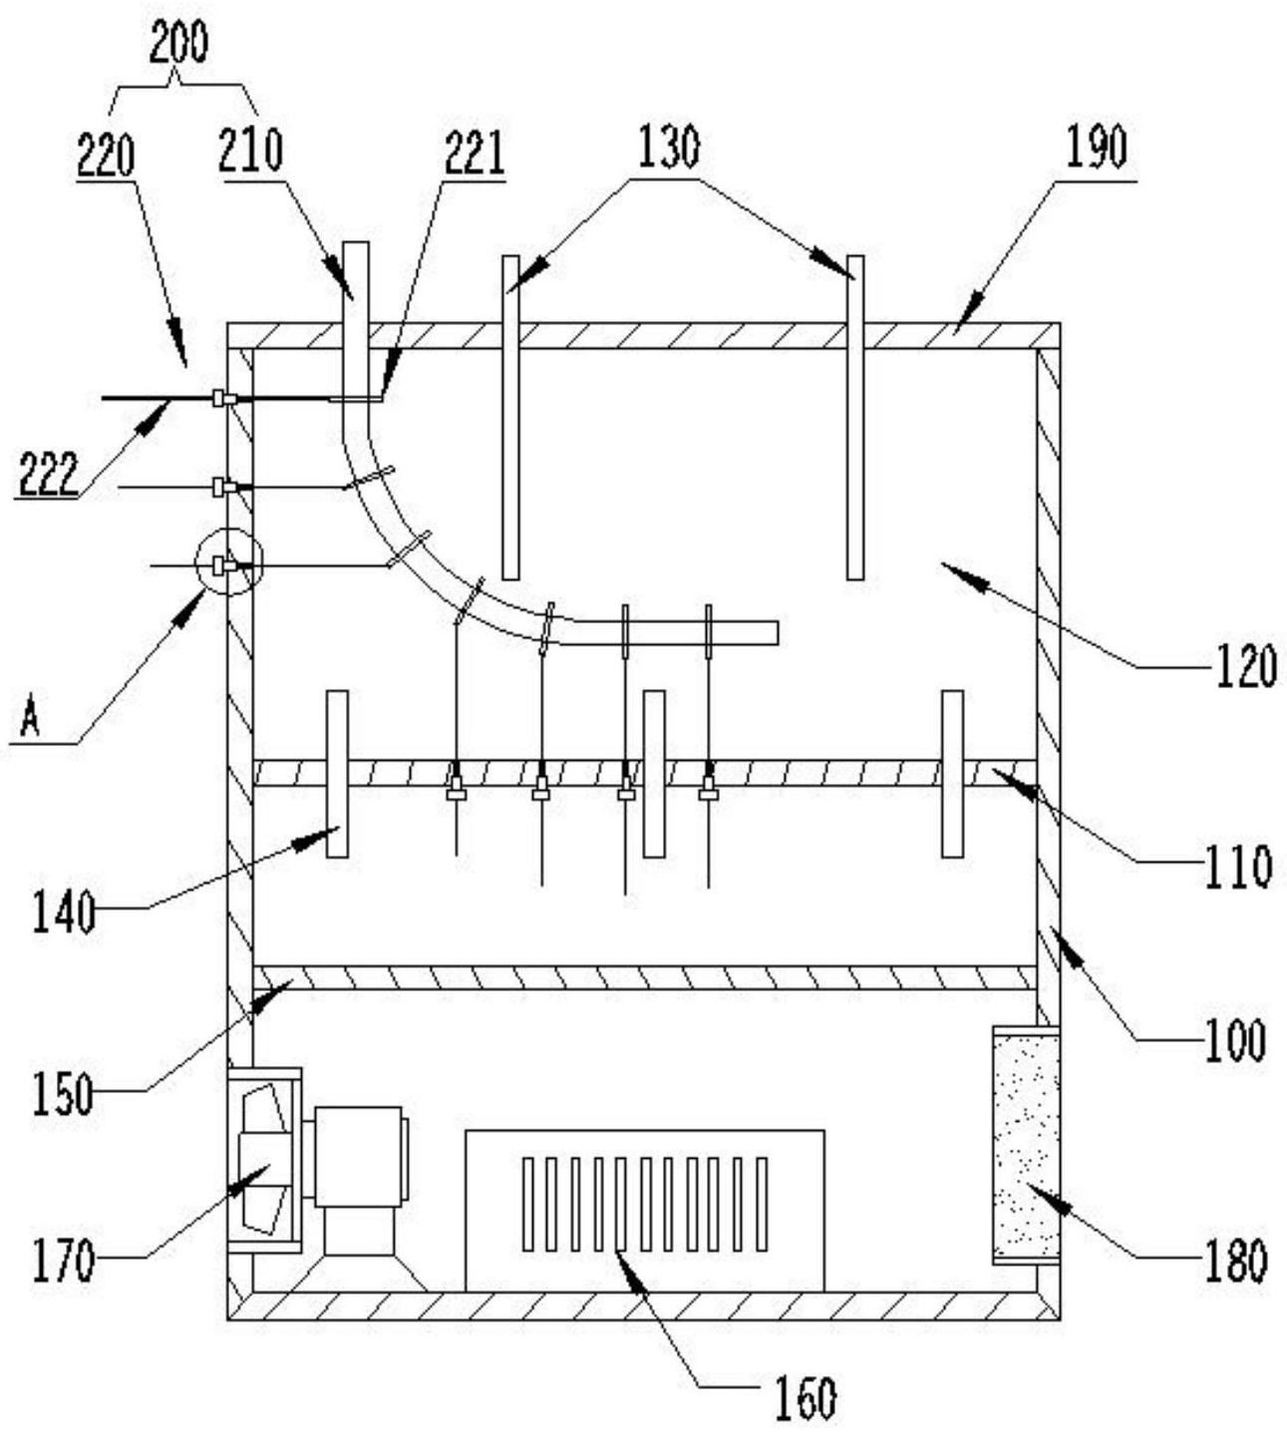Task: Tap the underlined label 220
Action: tap(107, 156)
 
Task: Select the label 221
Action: tap(474, 156)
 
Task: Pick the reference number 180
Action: tap(1234, 1260)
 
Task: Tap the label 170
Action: tap(64, 1260)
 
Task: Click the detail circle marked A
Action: tap(229, 562)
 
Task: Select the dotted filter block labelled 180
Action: tap(1024, 1143)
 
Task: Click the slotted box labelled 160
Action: tap(645, 1209)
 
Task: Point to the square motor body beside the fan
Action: tap(358, 1156)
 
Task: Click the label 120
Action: tap(1245, 666)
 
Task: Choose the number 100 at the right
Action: tap(1236, 1040)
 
